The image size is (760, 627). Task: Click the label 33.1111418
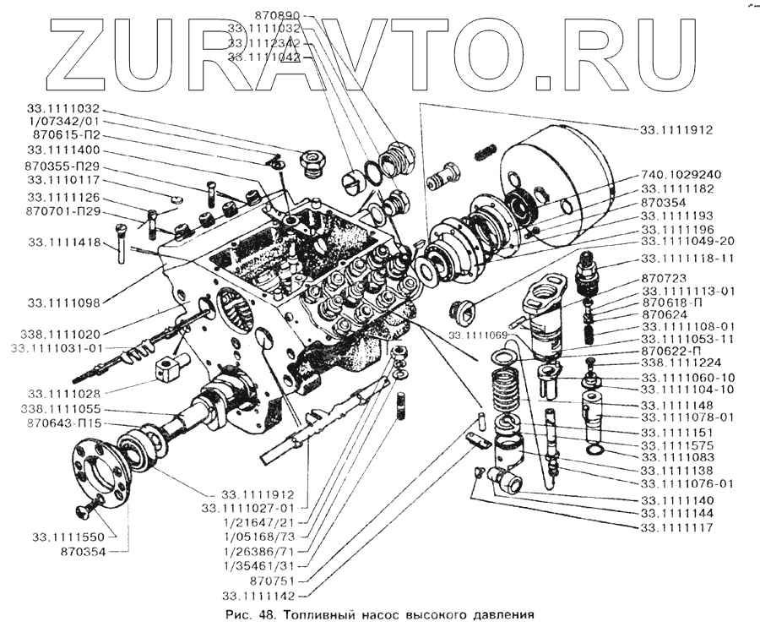coord(64,243)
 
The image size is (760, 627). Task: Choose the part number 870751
coord(275,581)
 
